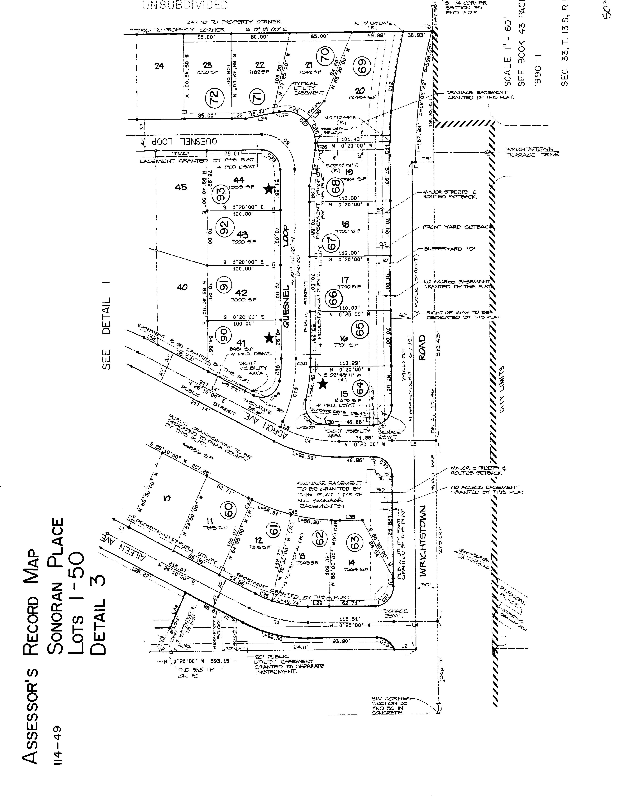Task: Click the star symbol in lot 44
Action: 269,188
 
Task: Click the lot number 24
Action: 159,66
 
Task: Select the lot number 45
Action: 181,187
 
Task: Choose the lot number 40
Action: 182,288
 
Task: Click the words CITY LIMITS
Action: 502,389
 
